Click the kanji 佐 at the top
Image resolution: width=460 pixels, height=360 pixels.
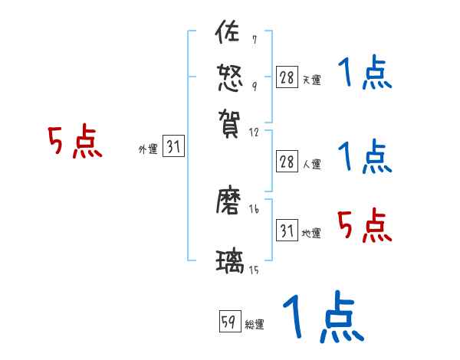point(230,34)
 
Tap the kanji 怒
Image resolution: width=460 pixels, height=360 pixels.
point(230,77)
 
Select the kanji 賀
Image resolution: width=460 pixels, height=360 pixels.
point(230,119)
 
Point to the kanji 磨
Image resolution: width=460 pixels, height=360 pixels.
point(230,203)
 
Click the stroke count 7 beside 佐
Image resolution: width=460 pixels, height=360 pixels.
point(254,40)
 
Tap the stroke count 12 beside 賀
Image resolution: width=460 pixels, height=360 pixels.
point(254,132)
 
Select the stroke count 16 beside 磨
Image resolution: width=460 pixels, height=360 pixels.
point(254,209)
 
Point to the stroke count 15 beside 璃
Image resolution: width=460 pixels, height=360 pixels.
point(254,270)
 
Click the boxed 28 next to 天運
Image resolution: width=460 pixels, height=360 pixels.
point(287,77)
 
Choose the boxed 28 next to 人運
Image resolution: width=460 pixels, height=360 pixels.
point(287,162)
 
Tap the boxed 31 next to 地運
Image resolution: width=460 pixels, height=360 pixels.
point(287,231)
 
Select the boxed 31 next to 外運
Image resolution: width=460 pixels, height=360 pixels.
point(173,148)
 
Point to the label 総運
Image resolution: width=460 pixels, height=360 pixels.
point(255,325)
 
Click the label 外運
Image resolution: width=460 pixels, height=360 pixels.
point(148,150)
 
